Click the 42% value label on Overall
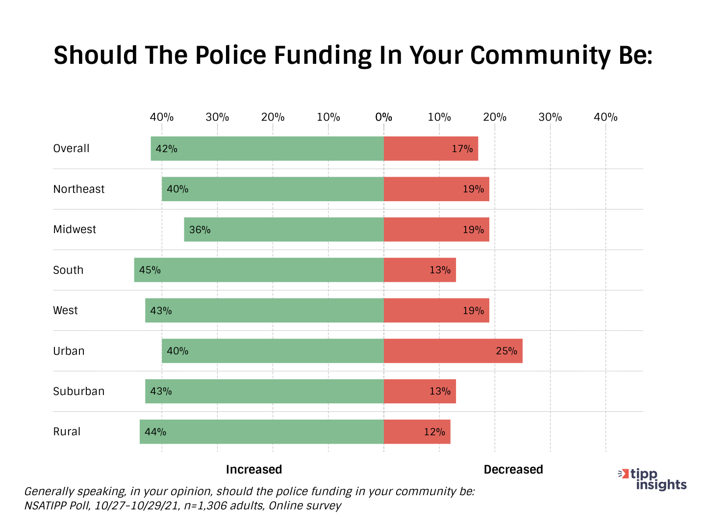pyautogui.click(x=166, y=149)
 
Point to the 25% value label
pyautogui.click(x=506, y=351)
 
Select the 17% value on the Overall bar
pyautogui.click(x=462, y=149)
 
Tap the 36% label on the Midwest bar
pyautogui.click(x=200, y=230)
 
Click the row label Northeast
pyautogui.click(x=79, y=189)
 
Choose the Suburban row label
pyautogui.click(x=79, y=391)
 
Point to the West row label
pyautogui.click(x=65, y=310)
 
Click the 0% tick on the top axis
pyautogui.click(x=383, y=117)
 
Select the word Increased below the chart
pyautogui.click(x=254, y=470)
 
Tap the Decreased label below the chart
pyautogui.click(x=513, y=470)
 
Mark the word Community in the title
pyautogui.click(x=540, y=55)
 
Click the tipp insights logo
pyautogui.click(x=653, y=479)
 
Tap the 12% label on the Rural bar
pyautogui.click(x=434, y=432)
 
